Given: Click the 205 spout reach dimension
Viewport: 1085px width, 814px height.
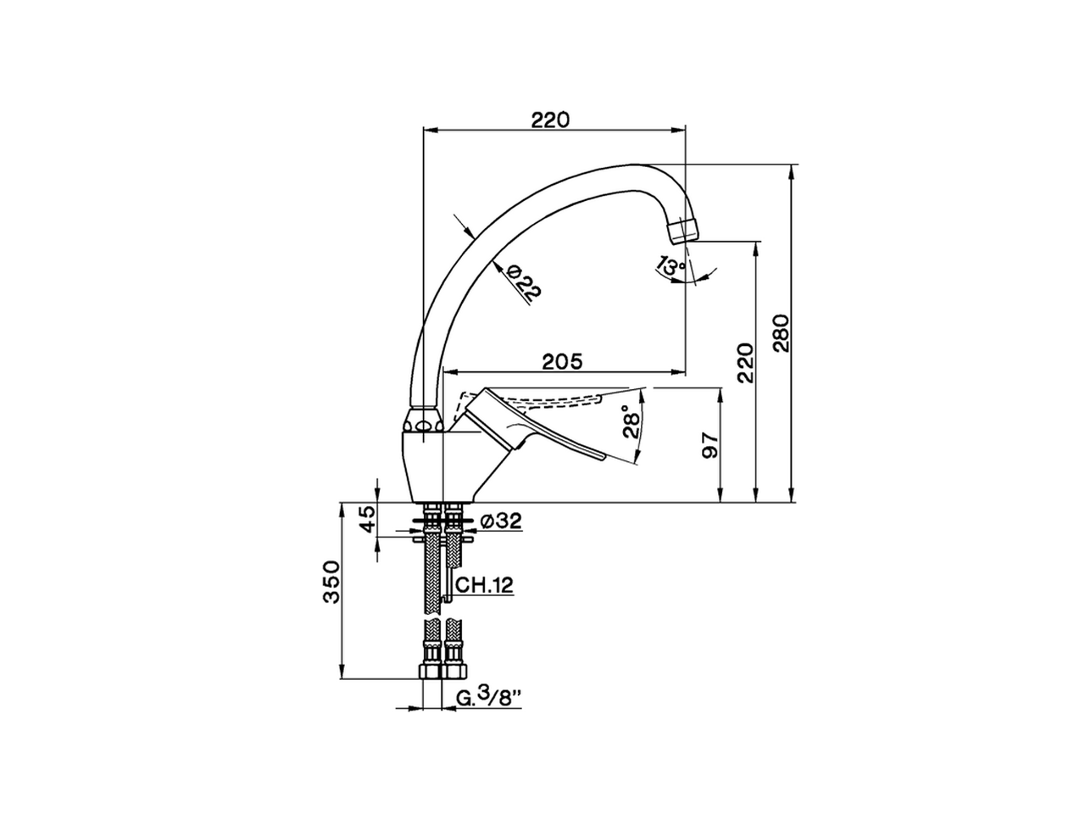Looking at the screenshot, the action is point(562,362).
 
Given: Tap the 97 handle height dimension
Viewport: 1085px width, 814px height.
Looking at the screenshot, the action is point(711,445).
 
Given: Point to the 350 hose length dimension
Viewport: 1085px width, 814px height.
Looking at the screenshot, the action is point(332,581).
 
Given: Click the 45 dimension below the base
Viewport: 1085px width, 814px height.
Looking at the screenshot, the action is point(368,518).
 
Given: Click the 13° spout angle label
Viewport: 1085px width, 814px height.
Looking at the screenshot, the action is point(671,265).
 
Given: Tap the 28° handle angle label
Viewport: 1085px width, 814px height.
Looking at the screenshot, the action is point(632,422).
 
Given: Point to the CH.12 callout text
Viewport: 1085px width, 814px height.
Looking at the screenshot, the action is point(484,585).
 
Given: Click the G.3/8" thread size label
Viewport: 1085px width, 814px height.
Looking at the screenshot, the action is point(488,697).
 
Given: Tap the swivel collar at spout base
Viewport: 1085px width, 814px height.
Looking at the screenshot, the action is point(424,421).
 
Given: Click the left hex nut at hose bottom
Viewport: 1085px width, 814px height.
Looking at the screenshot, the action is point(431,672).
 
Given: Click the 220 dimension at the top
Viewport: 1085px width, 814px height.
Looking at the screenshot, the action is point(550,120).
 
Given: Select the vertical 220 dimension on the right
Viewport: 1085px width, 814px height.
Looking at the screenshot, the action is point(745,363).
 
